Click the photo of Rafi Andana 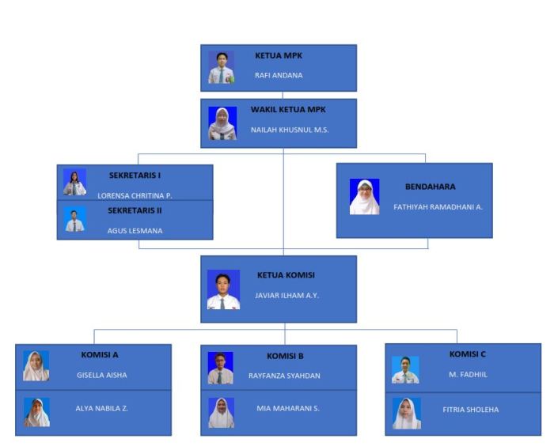point(222,68)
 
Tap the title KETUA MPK point(279,56)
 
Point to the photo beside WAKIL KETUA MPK point(222,123)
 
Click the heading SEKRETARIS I point(135,176)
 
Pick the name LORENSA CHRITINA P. point(135,195)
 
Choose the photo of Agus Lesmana point(74,221)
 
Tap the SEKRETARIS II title point(135,211)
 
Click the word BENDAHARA point(430,187)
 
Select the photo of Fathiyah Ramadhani point(364,197)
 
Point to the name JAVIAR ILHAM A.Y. point(287,295)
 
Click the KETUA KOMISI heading point(286,275)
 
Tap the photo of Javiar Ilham point(223,289)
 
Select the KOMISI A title point(100,355)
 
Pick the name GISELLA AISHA point(101,375)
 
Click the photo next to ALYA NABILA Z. point(36,412)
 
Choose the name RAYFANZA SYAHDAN point(286,376)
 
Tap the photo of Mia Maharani point(222,413)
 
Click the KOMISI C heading point(468,354)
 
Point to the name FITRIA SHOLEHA point(471,410)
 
